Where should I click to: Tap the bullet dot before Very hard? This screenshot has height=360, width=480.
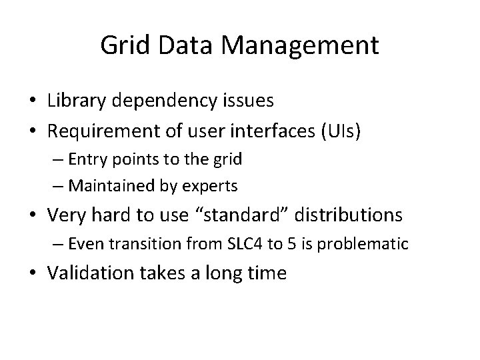pyautogui.click(x=32, y=215)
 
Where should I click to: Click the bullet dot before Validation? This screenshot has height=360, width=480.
pyautogui.click(x=32, y=273)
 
